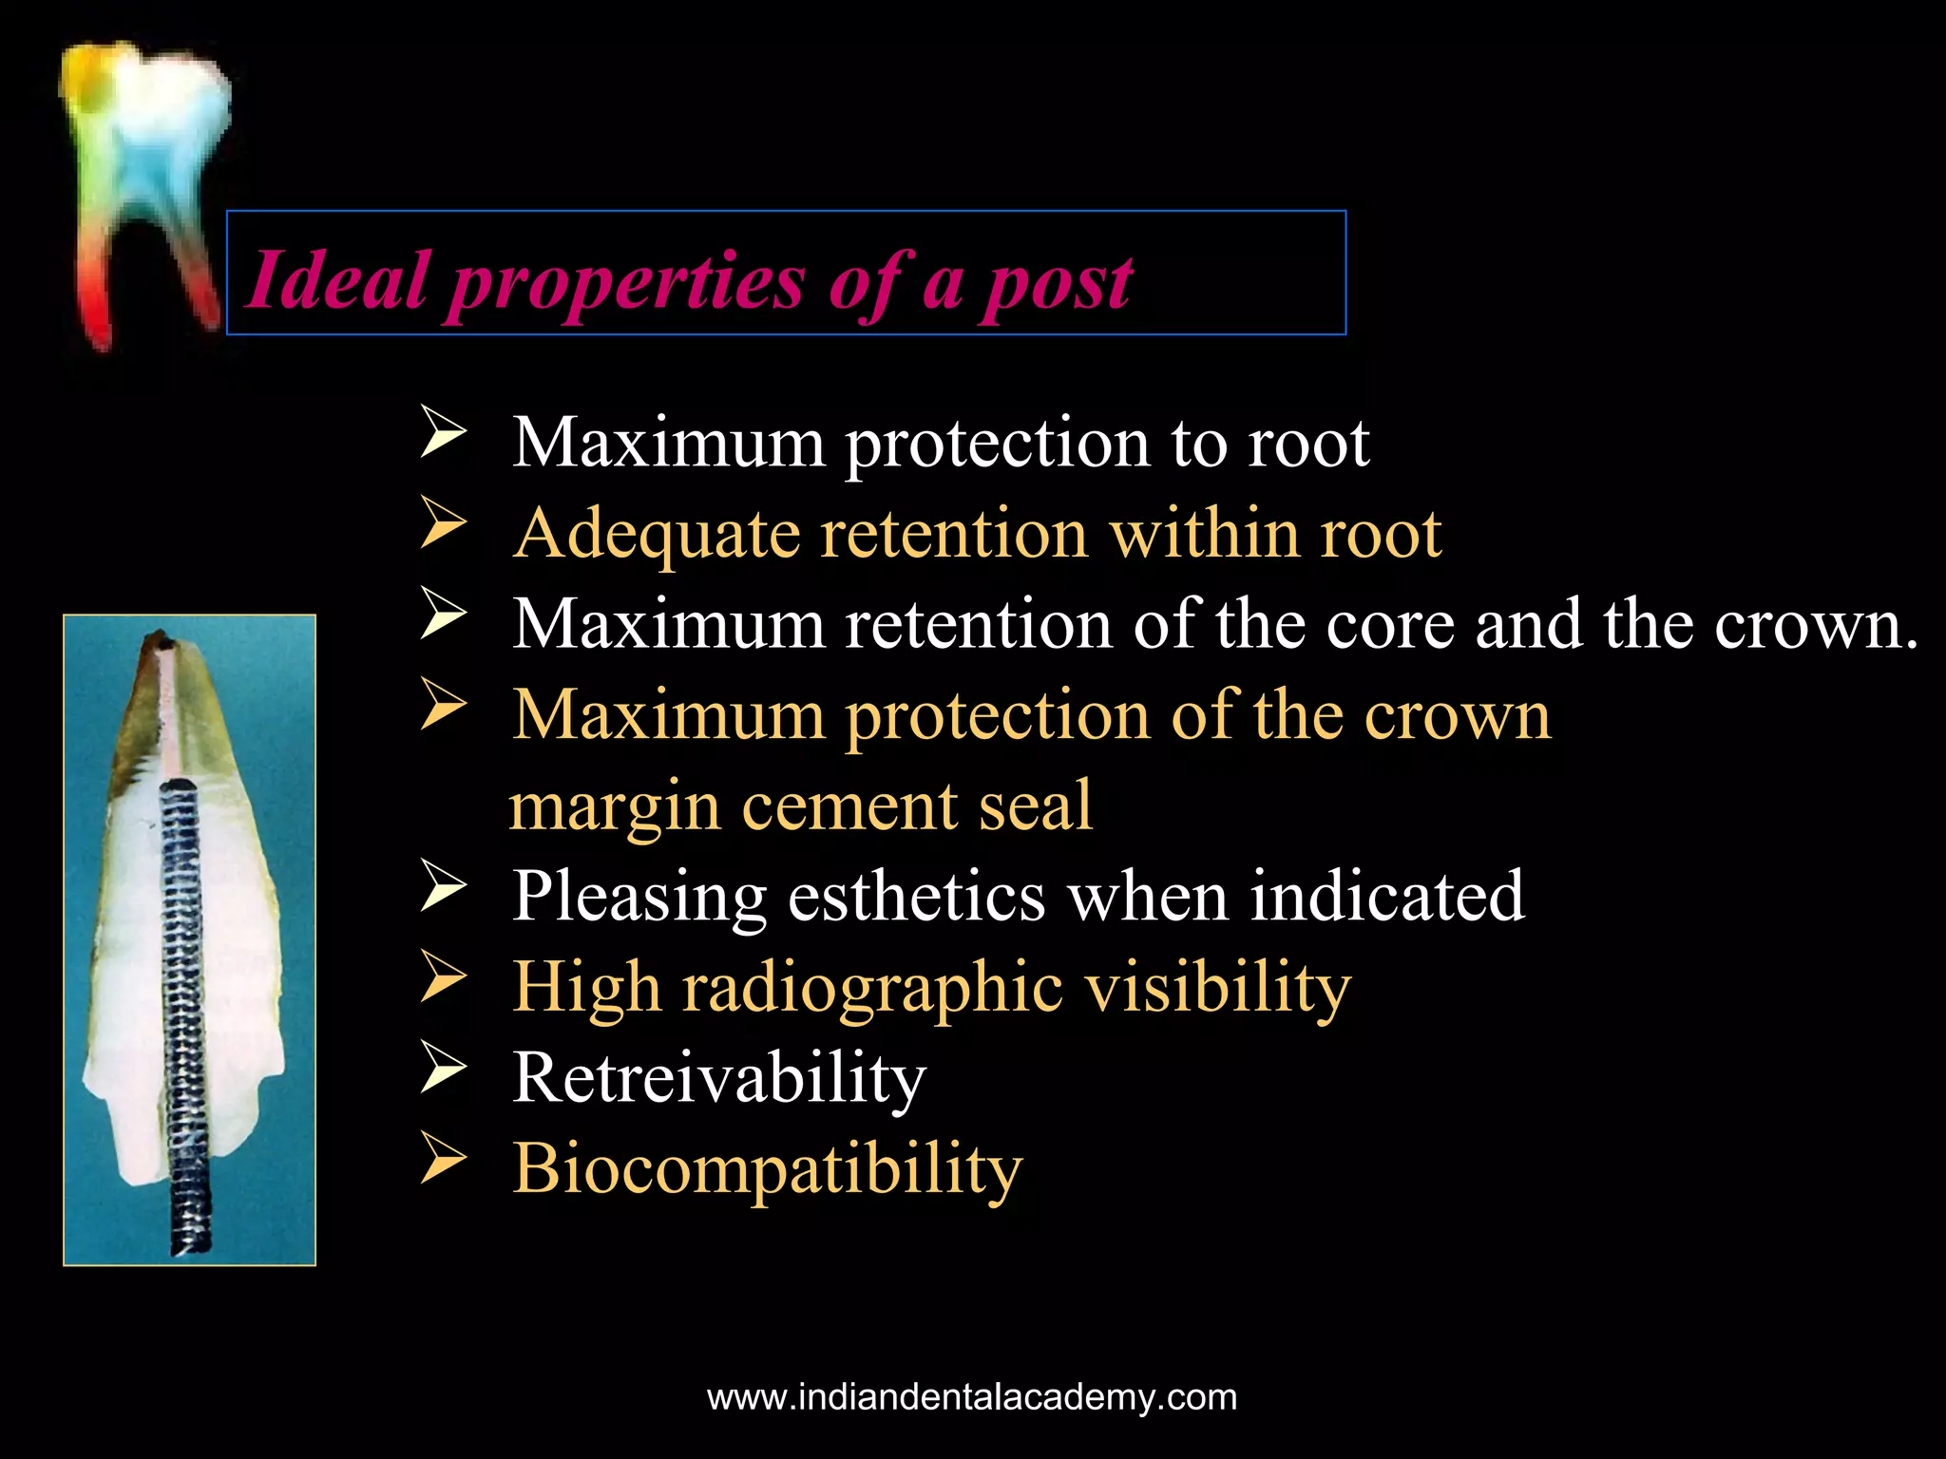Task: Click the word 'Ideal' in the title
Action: pyautogui.click(x=337, y=281)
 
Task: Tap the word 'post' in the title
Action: pyautogui.click(x=1057, y=283)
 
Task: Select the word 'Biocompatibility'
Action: pyautogui.click(x=767, y=1168)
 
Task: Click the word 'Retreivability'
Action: pyautogui.click(x=718, y=1078)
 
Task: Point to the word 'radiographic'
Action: pyautogui.click(x=872, y=988)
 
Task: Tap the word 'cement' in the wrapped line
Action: pyautogui.click(x=849, y=805)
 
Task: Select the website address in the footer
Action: pyautogui.click(x=972, y=1397)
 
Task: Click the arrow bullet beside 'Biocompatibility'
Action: pyautogui.click(x=443, y=1159)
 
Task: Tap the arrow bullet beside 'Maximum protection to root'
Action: pyautogui.click(x=443, y=432)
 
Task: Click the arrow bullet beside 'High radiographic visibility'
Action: pyautogui.click(x=443, y=977)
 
